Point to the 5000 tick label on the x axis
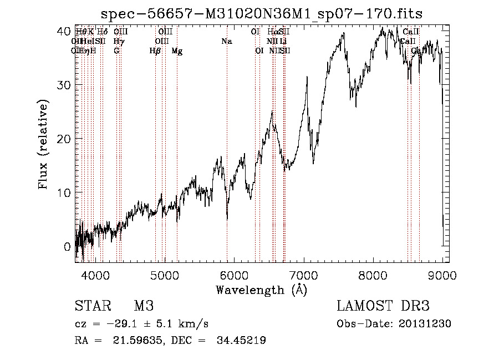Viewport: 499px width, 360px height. pos(164,274)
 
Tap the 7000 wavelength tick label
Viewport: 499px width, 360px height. pos(304,274)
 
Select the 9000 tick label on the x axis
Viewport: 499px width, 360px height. pos(442,274)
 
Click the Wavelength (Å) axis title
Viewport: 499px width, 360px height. pos(261,289)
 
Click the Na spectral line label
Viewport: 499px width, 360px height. pos(226,42)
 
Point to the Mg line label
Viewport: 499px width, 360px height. pos(177,51)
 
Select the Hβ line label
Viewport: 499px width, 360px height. pos(155,51)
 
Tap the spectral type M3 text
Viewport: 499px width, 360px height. pos(144,306)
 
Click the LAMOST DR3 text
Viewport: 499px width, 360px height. pos(383,306)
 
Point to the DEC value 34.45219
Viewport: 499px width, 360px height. pos(239,341)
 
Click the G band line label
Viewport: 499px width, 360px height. pos(116,51)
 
